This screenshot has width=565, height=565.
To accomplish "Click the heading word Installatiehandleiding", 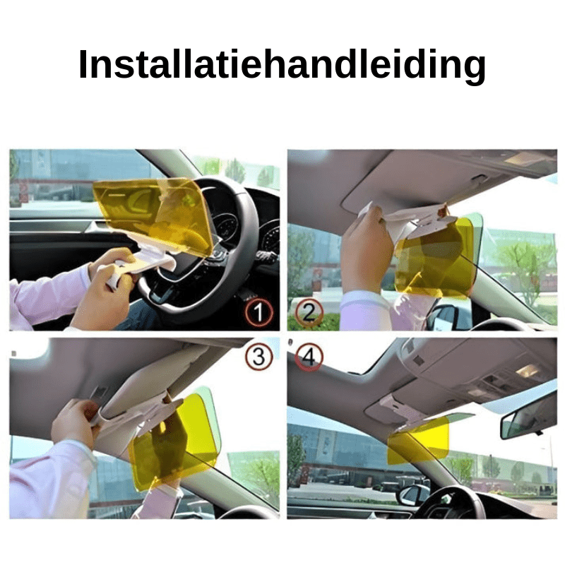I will (282, 65).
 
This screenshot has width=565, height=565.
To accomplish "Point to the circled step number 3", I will (259, 358).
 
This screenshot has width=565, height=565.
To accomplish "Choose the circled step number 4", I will (308, 357).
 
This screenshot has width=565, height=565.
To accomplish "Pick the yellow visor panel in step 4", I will (418, 439).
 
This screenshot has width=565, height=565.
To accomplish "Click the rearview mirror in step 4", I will (528, 417).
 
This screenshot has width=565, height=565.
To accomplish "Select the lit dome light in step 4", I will (526, 370).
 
